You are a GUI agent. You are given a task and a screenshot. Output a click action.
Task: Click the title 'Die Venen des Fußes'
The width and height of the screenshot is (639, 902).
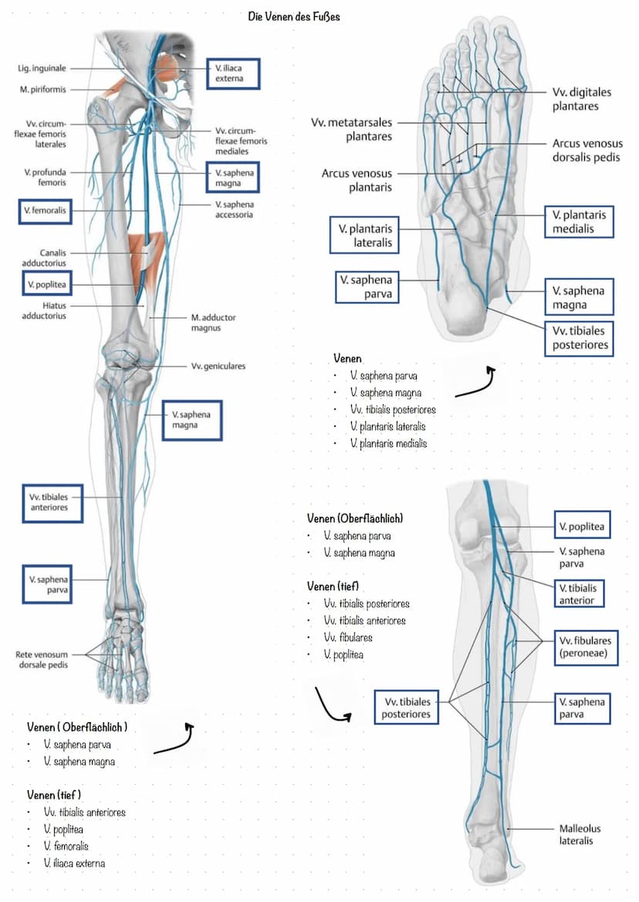pos(294,16)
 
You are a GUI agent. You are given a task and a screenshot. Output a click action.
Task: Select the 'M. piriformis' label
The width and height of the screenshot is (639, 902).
pos(43,90)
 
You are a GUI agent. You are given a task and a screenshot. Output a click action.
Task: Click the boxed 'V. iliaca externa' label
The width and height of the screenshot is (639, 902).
pos(233,73)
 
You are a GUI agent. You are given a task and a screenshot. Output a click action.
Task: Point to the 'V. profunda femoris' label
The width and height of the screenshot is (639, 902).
pos(44,177)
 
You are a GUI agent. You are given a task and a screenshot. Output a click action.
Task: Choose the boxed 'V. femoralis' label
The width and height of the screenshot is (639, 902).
pos(45,210)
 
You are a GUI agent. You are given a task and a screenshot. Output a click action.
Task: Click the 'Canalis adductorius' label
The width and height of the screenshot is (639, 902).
pos(45,258)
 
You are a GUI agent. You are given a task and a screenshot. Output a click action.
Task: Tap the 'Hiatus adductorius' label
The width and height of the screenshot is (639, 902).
pos(44,310)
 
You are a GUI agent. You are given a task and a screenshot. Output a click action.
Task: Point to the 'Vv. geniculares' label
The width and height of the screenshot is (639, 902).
pos(218,366)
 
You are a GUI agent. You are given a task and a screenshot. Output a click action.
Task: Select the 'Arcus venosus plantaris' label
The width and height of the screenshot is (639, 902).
pos(357,180)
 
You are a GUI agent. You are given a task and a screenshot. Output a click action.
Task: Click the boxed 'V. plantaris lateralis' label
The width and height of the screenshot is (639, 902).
pos(364,235)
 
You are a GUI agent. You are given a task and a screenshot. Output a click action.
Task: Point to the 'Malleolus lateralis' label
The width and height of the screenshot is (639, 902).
pos(580,834)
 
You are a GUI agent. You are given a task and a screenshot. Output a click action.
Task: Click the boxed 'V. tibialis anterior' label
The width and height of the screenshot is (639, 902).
pos(578,593)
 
